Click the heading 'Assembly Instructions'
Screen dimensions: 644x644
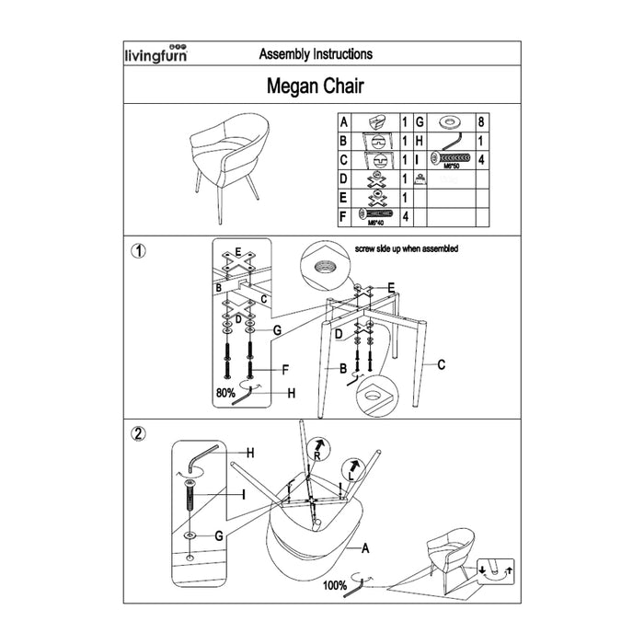click(316, 54)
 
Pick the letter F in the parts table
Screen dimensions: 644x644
click(342, 216)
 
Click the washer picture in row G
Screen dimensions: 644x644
click(451, 121)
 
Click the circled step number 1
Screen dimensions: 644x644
click(138, 250)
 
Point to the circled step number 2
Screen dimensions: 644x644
click(138, 433)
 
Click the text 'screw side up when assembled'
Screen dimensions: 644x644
click(406, 248)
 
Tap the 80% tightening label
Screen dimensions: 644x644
click(224, 392)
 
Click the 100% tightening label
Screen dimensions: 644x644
click(334, 583)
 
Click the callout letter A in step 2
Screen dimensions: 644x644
click(365, 549)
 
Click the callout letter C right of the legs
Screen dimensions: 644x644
click(441, 365)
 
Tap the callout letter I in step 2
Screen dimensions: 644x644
click(244, 495)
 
